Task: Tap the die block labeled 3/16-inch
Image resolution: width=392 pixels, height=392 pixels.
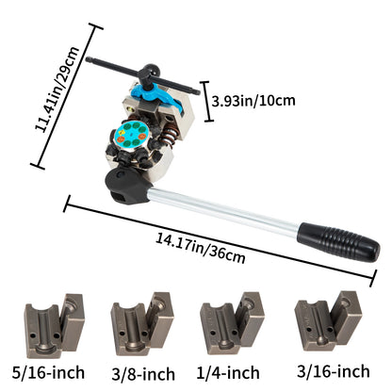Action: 326,323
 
